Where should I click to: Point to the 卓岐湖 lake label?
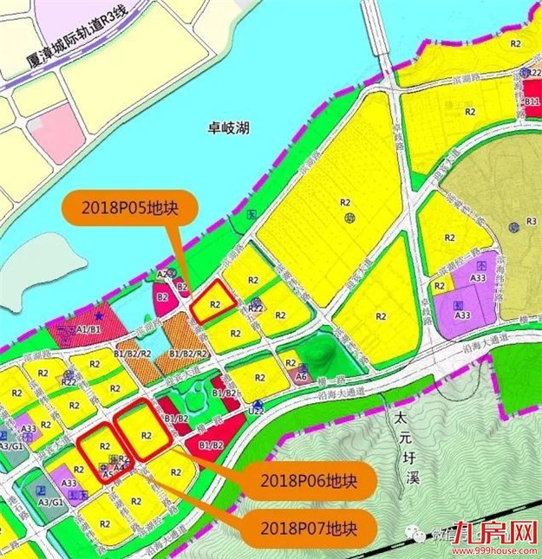(x=229, y=127)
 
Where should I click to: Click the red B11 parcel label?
(x=532, y=101)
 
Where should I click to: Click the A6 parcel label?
(x=301, y=378)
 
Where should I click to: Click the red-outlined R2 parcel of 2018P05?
(x=212, y=303)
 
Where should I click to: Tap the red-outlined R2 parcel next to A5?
(x=104, y=448)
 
